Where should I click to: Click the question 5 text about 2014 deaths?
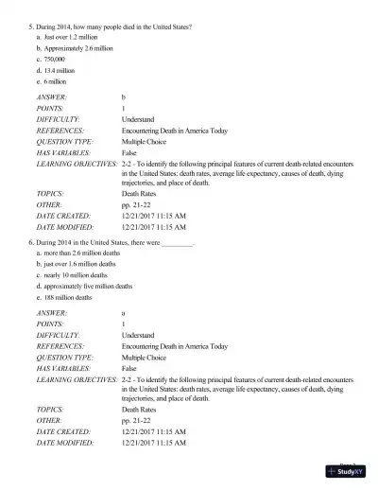point(113,26)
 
